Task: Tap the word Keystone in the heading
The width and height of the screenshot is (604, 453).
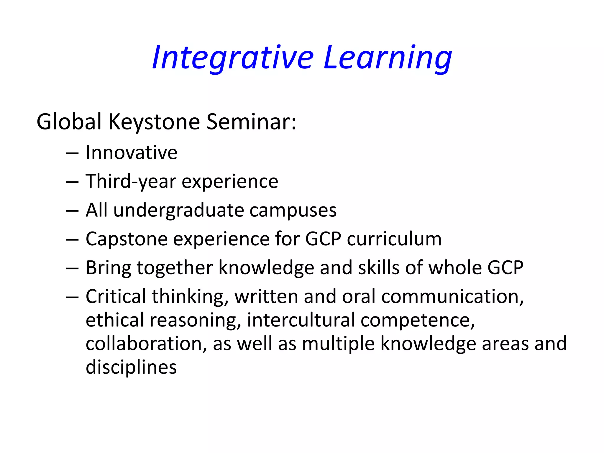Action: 154,122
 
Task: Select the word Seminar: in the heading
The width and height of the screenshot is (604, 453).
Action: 251,122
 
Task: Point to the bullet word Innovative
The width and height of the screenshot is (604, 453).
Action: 132,153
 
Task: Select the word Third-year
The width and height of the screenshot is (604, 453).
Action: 131,181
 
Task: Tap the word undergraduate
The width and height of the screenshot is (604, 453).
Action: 178,210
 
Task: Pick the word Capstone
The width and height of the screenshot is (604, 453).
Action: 127,239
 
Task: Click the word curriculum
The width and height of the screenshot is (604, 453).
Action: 394,239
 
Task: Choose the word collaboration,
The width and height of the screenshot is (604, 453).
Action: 146,344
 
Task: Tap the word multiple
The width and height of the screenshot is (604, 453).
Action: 338,344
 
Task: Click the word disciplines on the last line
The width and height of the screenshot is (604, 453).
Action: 131,367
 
